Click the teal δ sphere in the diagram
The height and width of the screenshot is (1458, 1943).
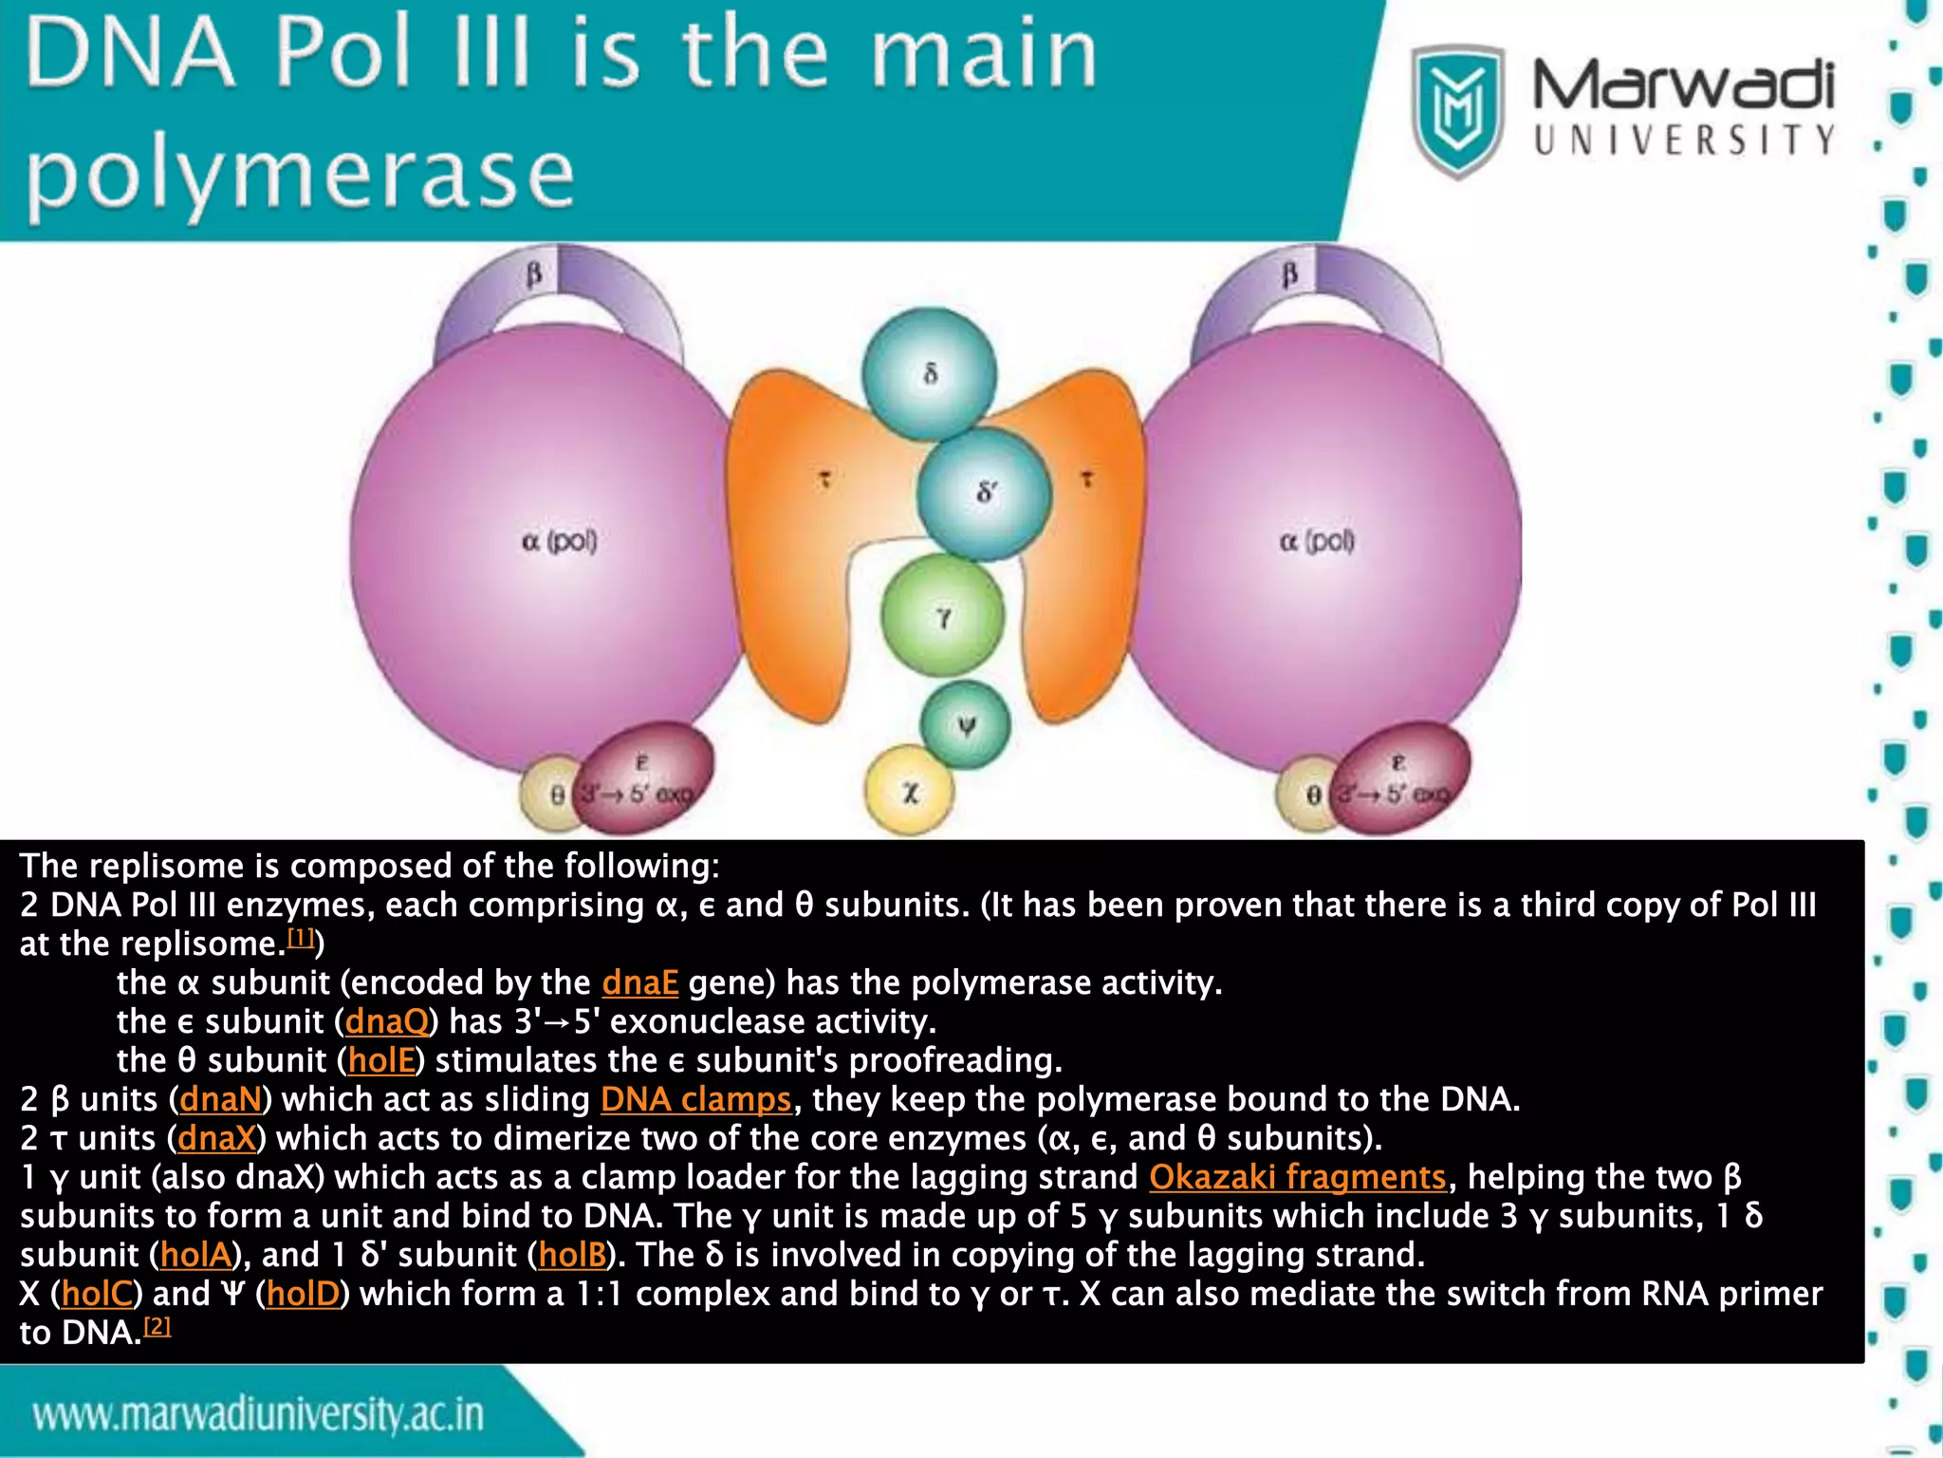tap(930, 373)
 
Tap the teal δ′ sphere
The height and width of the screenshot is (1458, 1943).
tap(984, 493)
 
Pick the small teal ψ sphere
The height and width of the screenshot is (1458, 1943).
tap(965, 726)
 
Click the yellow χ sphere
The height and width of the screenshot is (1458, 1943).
tap(909, 791)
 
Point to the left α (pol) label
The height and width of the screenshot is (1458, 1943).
tap(559, 541)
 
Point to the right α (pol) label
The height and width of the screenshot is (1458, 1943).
tap(1317, 541)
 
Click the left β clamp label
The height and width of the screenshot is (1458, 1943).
tap(534, 275)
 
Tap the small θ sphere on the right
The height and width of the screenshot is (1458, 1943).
tap(1310, 794)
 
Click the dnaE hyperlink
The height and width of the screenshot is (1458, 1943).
tap(639, 982)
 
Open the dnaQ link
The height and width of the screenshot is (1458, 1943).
tap(387, 1021)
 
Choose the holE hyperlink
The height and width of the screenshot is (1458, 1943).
tap(381, 1060)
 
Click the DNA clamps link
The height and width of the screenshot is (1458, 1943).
tap(695, 1099)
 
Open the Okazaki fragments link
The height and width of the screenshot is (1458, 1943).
tap(1297, 1177)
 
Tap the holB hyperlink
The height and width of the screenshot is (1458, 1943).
tap(571, 1255)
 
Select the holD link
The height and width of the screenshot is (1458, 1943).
tap(302, 1294)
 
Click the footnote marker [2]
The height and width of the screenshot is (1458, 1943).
tap(157, 1326)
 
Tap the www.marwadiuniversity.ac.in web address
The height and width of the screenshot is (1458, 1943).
tap(258, 1415)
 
